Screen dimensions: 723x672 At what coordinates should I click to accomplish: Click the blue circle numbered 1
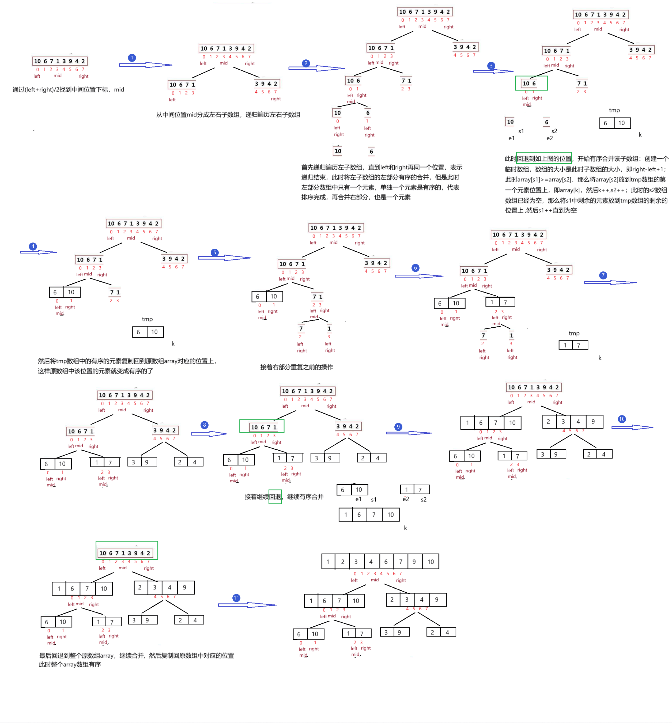[x=132, y=58]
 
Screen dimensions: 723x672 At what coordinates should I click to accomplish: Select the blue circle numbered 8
[x=205, y=425]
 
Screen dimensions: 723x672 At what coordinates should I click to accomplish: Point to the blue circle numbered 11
[x=236, y=598]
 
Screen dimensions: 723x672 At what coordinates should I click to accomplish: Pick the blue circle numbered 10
[x=622, y=419]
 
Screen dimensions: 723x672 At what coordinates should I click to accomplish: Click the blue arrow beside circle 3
[x=493, y=71]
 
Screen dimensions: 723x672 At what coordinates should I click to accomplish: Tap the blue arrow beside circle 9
[x=409, y=433]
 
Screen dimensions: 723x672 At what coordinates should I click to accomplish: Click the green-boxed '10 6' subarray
[x=531, y=83]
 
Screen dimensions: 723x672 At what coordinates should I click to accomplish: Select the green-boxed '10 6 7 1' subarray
[x=262, y=426]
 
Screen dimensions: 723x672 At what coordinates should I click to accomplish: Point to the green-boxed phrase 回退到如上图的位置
[x=544, y=158]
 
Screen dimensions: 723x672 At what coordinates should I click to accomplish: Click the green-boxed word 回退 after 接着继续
[x=275, y=497]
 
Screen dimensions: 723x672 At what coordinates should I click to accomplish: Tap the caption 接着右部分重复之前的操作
[x=297, y=367]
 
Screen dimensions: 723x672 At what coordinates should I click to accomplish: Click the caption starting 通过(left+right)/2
[x=68, y=89]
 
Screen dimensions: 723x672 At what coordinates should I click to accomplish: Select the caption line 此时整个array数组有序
[x=70, y=664]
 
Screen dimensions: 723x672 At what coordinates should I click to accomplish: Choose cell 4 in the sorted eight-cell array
[x=371, y=562]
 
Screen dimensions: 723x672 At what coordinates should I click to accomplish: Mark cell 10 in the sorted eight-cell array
[x=431, y=562]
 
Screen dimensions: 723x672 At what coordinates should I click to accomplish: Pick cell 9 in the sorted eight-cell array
[x=414, y=562]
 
